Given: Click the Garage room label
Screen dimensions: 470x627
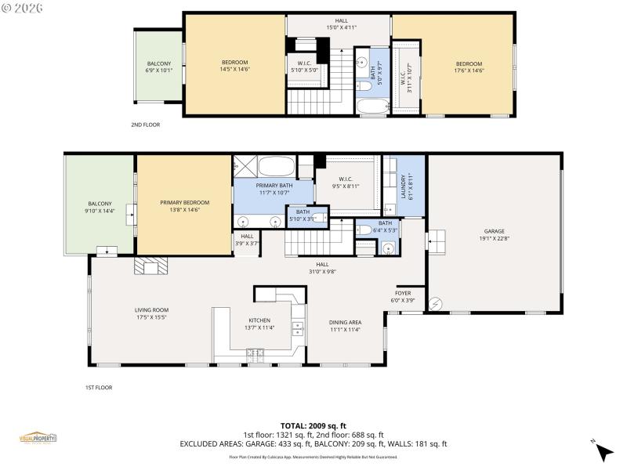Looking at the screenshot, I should [x=493, y=235].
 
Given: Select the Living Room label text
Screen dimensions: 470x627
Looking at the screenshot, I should [x=151, y=313].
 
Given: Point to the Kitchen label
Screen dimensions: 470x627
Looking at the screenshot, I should [x=259, y=324].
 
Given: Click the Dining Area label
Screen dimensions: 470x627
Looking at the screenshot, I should [x=345, y=326].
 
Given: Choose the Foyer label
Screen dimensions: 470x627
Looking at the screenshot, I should [x=402, y=296].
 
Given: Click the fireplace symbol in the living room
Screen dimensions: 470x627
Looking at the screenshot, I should [x=150, y=267].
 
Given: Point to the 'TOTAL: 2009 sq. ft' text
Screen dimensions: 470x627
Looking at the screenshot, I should [x=313, y=425].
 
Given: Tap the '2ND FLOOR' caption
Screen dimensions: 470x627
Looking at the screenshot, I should [x=146, y=125].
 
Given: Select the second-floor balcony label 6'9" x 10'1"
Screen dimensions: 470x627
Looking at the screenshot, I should [x=159, y=67].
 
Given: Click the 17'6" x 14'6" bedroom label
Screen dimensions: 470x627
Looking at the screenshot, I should [x=469, y=67].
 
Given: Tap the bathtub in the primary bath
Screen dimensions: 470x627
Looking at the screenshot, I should [x=276, y=167].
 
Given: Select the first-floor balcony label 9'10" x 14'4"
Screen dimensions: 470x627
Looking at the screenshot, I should [x=100, y=207].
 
